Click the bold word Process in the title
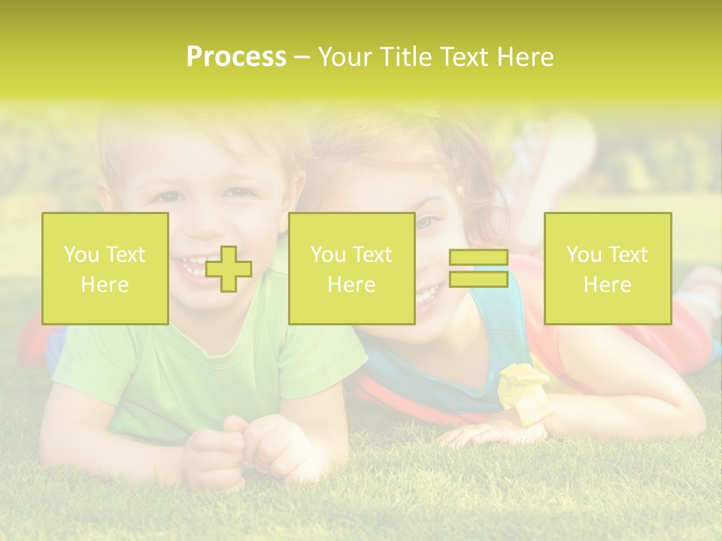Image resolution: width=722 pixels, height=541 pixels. (x=236, y=57)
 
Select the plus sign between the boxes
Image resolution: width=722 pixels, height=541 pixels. (x=229, y=269)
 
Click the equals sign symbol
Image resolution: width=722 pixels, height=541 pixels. (x=478, y=269)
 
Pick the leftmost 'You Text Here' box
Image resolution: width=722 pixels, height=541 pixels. (x=105, y=269)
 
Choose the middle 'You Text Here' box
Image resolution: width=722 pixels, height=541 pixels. (x=351, y=269)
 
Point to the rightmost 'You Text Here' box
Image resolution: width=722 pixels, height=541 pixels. (x=607, y=269)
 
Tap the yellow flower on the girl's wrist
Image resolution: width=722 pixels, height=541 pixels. (x=524, y=383)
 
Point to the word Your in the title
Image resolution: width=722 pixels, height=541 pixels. (x=344, y=57)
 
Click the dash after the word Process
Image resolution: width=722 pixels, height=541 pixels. (x=302, y=58)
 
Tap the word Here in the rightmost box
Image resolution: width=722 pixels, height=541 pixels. (x=607, y=285)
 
